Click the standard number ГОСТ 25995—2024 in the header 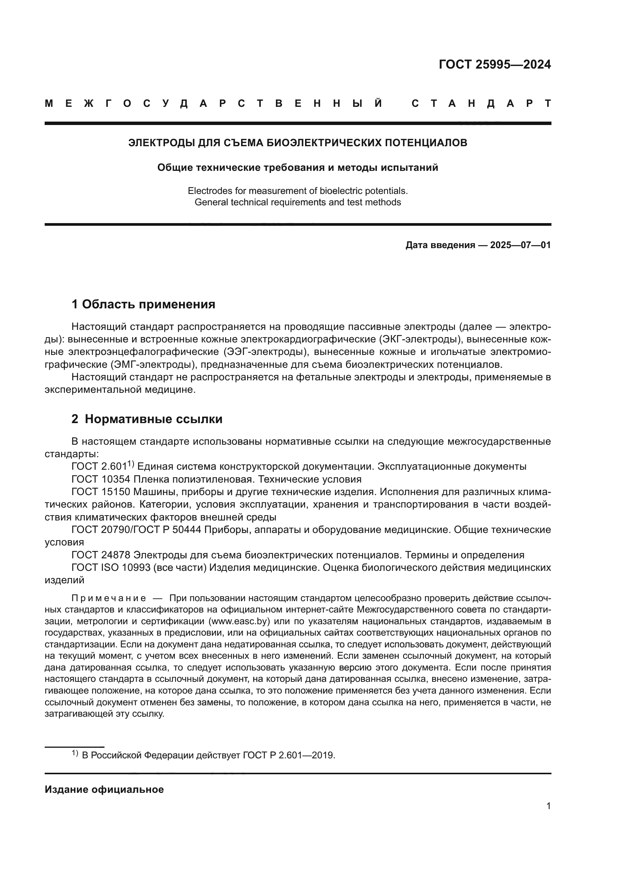(495, 64)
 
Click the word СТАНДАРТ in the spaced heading (481, 104)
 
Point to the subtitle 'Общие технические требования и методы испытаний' (297, 168)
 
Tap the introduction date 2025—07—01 (520, 245)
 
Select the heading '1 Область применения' (143, 305)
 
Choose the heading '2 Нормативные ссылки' (147, 419)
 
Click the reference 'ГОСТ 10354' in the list (101, 480)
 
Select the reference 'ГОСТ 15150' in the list (101, 492)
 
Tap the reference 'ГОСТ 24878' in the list (101, 555)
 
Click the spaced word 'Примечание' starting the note (109, 598)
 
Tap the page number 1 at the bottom (548, 806)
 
